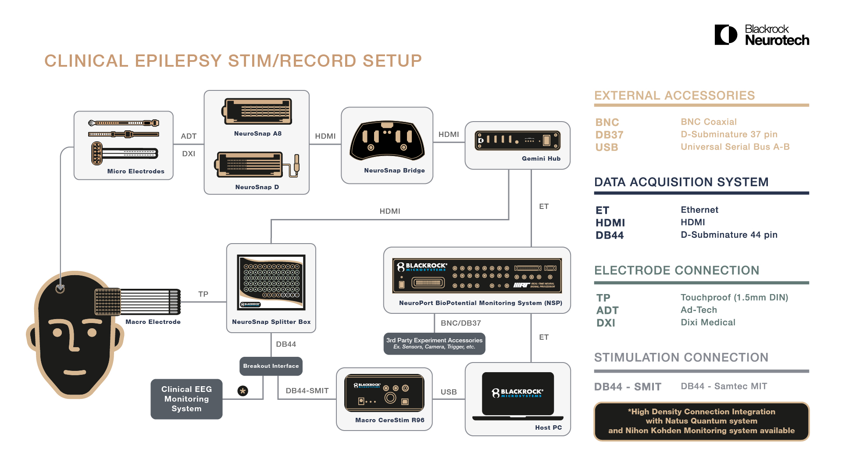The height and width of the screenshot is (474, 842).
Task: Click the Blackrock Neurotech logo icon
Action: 726,35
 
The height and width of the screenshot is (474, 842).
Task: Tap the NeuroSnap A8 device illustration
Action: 257,111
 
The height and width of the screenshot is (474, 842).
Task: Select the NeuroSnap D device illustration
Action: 257,165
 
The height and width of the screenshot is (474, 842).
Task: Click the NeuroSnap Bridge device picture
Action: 387,141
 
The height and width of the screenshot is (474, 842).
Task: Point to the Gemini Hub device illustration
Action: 517,140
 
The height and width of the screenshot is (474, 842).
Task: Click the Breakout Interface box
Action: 271,366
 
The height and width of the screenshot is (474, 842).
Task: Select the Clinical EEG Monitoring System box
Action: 186,399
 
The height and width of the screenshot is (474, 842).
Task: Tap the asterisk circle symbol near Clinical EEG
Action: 243,391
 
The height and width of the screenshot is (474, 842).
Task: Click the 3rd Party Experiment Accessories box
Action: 434,343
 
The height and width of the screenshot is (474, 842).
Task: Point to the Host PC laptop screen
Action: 517,393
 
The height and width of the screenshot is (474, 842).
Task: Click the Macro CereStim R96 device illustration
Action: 384,393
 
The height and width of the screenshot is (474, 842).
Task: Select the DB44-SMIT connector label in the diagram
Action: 307,391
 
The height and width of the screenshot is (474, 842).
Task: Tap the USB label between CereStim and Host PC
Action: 449,392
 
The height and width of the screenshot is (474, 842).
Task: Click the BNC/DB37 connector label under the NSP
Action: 460,323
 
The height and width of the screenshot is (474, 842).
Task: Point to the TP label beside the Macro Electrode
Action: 203,294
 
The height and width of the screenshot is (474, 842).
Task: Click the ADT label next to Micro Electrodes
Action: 189,136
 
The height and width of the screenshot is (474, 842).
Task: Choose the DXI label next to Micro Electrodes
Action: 189,154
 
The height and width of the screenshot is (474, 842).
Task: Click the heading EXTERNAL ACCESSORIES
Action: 674,96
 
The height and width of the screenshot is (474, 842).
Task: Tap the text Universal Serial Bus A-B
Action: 735,147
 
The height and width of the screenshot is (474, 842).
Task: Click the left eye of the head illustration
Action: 57,332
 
